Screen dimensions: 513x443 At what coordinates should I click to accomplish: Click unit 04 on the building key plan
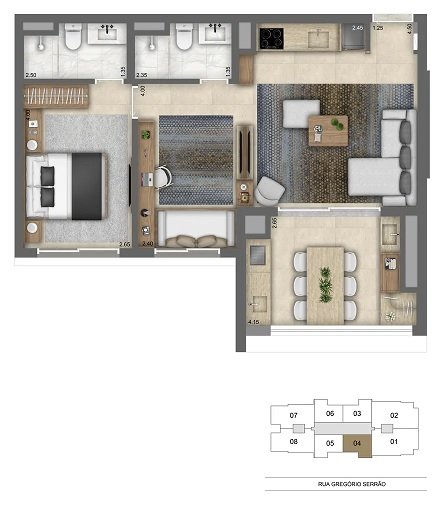coord(358,442)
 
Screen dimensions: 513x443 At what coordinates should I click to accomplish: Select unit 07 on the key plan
coord(293,415)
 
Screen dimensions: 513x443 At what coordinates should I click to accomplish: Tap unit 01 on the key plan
coord(394,442)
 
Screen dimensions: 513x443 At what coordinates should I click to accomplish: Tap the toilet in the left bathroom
coord(72,38)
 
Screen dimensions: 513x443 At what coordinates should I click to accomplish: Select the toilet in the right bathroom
coord(182,38)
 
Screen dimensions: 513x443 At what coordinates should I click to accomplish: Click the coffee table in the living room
coord(328,130)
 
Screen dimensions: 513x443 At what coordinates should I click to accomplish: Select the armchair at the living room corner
coord(268,189)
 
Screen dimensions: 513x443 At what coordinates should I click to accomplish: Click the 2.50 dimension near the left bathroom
coord(32,75)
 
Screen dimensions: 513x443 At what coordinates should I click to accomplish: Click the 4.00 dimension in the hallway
coord(144,91)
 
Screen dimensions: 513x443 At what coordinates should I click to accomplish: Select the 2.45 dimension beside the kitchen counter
coord(357,28)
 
